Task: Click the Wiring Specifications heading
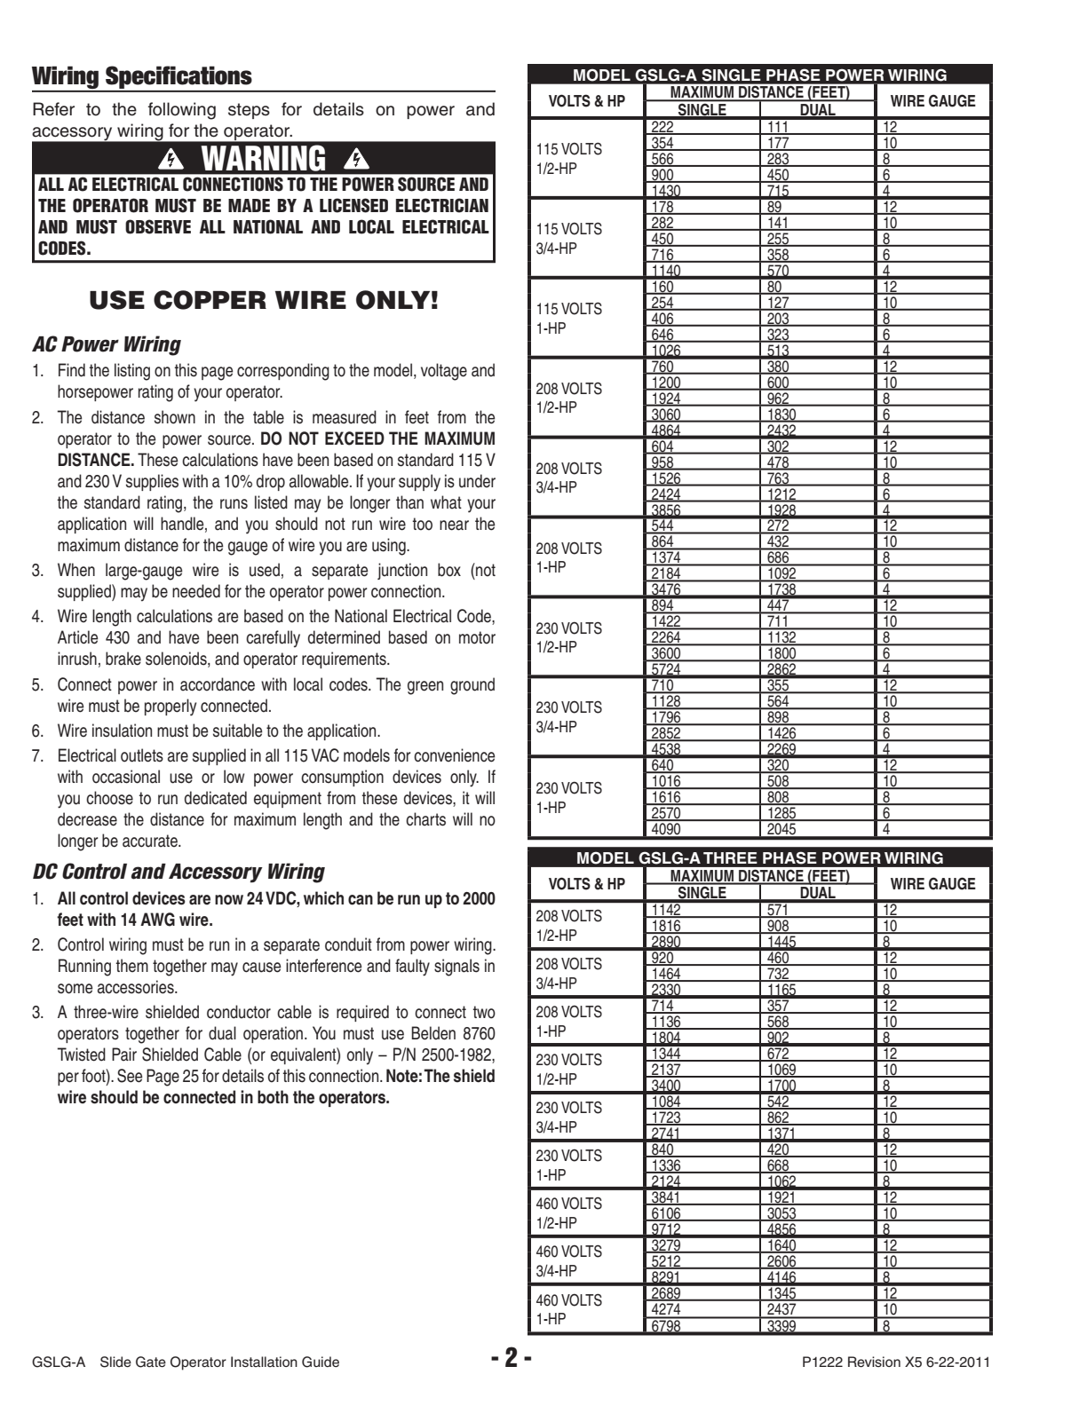(x=141, y=76)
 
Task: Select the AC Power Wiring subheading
(x=106, y=344)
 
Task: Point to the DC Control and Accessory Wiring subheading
(x=178, y=872)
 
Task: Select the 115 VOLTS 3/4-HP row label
(x=568, y=238)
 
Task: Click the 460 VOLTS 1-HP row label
(x=568, y=1309)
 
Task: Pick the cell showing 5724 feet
(x=663, y=669)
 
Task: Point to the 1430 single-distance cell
(x=663, y=191)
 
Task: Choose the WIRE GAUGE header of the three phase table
(x=932, y=883)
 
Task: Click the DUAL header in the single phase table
(x=817, y=110)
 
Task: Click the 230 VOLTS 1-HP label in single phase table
(x=568, y=797)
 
